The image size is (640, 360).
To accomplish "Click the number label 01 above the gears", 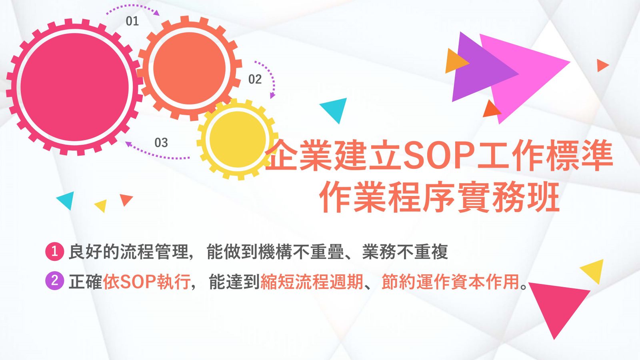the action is tap(132, 21).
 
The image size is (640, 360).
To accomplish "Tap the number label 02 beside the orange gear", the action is tap(255, 79).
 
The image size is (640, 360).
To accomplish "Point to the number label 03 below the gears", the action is tap(161, 142).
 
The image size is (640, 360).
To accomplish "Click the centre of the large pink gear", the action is tap(75, 87).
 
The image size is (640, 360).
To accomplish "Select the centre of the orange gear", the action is tap(190, 68).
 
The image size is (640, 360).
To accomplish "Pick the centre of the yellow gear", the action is tap(238, 140).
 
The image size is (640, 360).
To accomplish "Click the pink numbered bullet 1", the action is tap(54, 252).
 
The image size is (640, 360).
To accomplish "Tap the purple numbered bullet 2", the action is tap(54, 281).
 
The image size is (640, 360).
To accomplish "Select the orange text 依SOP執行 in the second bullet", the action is tap(146, 282).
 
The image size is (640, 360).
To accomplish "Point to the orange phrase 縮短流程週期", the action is tap(312, 282).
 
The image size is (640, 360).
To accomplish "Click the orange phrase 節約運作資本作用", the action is tap(450, 282).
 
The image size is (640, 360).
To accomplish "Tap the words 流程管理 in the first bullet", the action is tap(154, 252).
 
